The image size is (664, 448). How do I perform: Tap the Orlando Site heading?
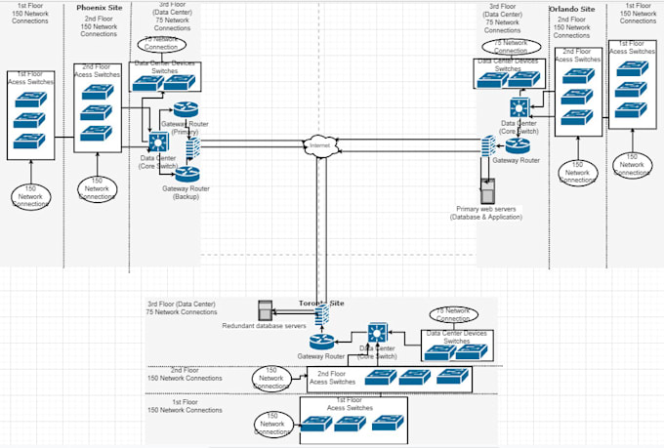(x=570, y=8)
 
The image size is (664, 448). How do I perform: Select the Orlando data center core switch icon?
(x=519, y=108)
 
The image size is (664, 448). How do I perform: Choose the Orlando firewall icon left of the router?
(x=485, y=146)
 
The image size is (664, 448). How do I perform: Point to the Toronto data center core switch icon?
(x=376, y=334)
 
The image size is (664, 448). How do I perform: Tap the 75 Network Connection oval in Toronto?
(x=452, y=314)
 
